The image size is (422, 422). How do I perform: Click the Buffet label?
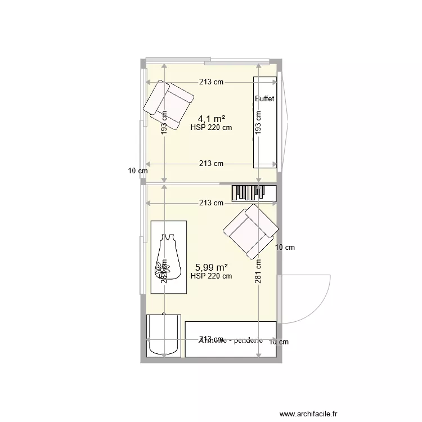[264, 99]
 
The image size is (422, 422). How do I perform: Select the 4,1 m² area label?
[212, 119]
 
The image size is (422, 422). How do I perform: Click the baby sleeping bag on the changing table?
[167, 256]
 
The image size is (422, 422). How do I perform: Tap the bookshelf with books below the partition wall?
[254, 192]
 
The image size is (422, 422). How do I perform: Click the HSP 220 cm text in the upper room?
[211, 128]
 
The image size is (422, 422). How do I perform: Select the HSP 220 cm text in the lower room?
[211, 276]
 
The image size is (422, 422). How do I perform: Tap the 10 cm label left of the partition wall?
[137, 171]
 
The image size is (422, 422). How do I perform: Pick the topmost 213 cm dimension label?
[211, 82]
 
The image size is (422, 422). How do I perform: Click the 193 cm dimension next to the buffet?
[258, 121]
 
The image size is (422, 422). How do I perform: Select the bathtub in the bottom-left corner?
[164, 335]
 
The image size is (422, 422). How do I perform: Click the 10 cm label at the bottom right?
[279, 342]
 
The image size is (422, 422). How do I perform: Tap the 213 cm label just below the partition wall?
[211, 203]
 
